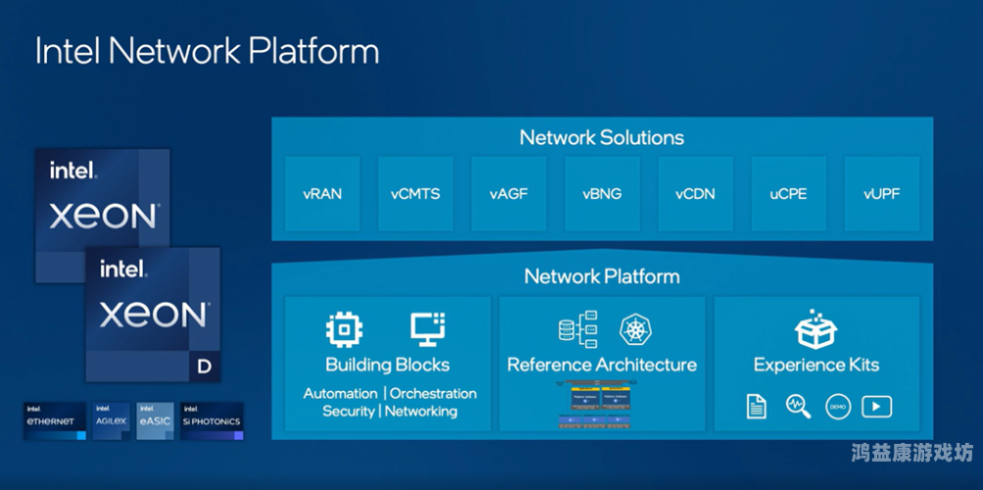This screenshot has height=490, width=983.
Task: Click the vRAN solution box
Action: (321, 193)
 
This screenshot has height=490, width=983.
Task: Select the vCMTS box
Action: (416, 193)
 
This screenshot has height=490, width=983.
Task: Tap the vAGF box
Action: (509, 193)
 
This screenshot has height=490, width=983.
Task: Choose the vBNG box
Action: (602, 193)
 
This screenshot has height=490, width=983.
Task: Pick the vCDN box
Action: (695, 193)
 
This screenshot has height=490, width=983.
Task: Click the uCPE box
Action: (788, 193)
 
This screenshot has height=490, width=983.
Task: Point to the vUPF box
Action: (882, 193)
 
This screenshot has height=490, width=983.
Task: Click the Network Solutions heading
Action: (602, 137)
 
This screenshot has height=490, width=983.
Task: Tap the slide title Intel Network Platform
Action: (207, 51)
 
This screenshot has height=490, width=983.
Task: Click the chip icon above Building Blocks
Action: (344, 329)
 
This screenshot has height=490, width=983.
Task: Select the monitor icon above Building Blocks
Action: (427, 329)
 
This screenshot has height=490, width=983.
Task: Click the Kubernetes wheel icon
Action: (636, 329)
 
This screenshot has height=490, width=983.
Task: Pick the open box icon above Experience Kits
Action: (815, 330)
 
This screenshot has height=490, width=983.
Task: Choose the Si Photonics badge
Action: (211, 418)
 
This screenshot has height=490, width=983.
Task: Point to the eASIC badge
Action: (156, 418)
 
